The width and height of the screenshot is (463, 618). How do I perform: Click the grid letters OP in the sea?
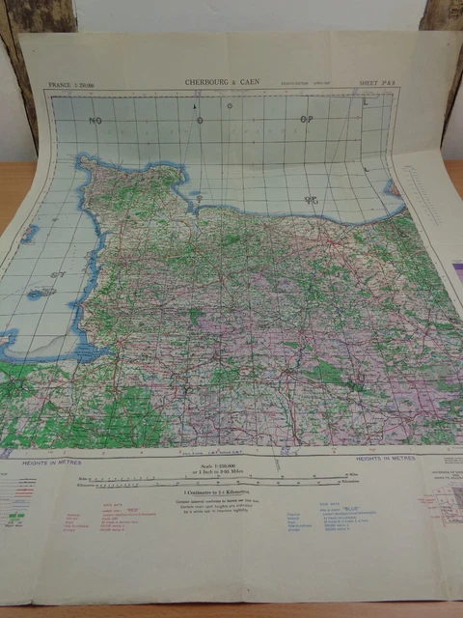point(307,120)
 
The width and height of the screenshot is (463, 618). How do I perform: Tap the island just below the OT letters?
point(41,293)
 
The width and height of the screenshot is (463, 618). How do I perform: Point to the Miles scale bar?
point(231,477)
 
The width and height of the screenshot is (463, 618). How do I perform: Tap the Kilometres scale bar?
point(231,484)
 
